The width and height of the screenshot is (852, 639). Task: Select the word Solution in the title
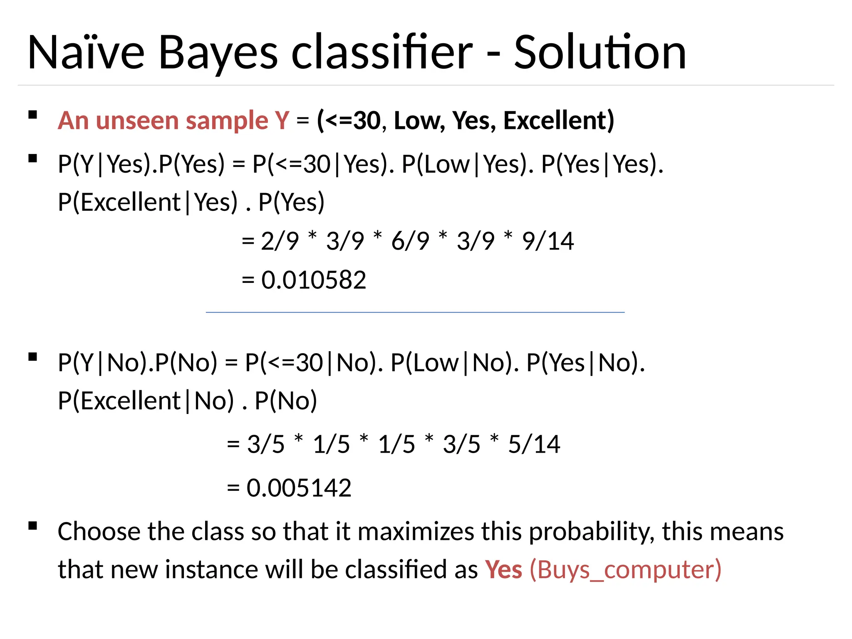point(600,53)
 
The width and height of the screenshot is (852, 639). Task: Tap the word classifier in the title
point(382,53)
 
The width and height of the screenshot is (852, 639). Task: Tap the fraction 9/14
point(548,241)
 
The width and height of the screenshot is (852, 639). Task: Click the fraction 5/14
point(534,444)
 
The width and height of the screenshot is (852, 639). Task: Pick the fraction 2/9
point(280,241)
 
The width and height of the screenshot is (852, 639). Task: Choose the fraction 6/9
point(410,241)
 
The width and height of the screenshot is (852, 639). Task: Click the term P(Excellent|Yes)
point(148,203)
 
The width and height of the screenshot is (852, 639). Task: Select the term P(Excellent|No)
point(146,401)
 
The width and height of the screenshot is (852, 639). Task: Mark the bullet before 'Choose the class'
point(33,526)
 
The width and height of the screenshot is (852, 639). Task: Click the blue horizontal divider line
point(415,312)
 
